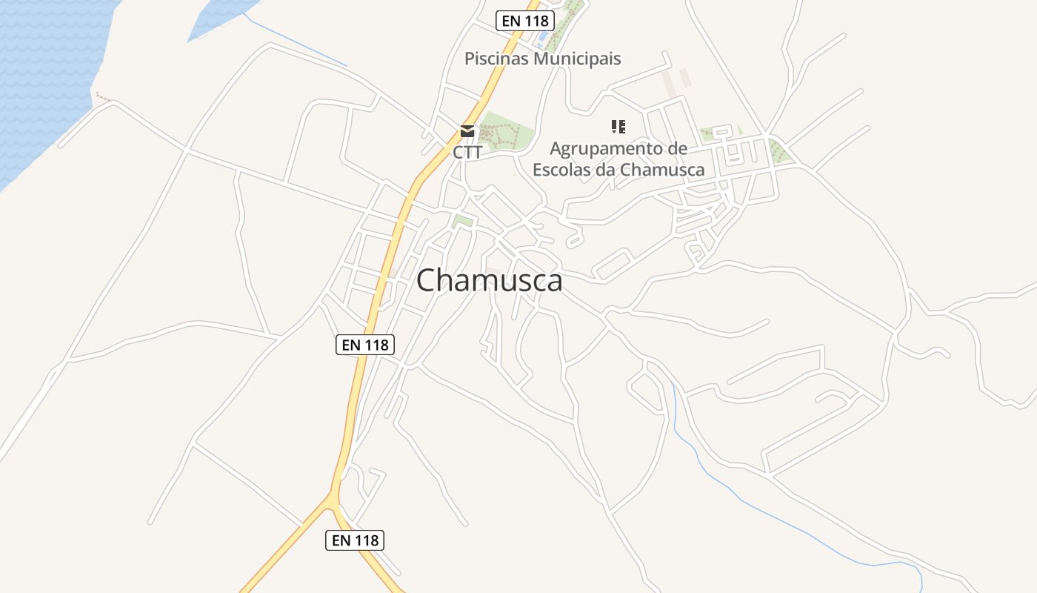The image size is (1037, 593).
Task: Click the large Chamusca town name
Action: click(489, 281)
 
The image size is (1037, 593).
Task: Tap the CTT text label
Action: click(467, 153)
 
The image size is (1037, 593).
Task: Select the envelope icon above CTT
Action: click(467, 132)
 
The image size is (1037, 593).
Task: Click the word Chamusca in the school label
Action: click(661, 169)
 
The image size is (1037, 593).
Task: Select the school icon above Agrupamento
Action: click(618, 127)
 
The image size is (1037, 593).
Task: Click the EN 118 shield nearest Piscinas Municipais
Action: click(524, 21)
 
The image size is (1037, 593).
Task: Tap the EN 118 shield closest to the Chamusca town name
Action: click(365, 345)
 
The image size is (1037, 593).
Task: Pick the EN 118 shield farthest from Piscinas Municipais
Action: click(355, 540)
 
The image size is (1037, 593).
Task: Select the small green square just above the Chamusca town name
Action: click(462, 221)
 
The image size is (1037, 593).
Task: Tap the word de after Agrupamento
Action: click(678, 149)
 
